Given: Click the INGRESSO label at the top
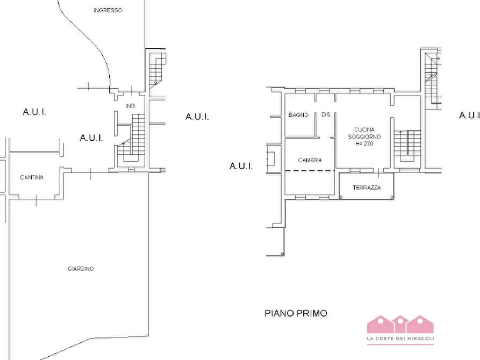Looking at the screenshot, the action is (108, 10).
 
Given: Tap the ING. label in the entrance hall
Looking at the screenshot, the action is (131, 106).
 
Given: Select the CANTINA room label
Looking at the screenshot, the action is (32, 177).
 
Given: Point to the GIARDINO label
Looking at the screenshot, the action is (81, 269).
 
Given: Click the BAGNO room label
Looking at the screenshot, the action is (298, 115).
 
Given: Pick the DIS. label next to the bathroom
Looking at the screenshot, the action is (326, 114).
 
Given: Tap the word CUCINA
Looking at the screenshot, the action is (364, 130).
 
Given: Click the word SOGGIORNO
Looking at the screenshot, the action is (364, 137).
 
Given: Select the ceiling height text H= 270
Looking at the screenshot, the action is (364, 143).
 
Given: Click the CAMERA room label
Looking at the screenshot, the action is (310, 160).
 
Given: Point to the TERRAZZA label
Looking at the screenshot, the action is (367, 188).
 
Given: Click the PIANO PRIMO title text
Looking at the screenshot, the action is (296, 313).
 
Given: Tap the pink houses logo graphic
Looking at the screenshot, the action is (400, 325).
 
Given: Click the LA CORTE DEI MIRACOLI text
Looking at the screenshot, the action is (400, 339).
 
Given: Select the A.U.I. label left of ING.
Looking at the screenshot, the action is (91, 138).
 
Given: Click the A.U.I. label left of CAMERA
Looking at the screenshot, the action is (241, 166).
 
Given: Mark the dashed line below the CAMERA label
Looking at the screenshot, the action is (310, 170).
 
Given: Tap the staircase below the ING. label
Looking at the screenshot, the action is (131, 138).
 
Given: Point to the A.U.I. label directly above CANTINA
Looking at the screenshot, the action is (34, 112).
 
